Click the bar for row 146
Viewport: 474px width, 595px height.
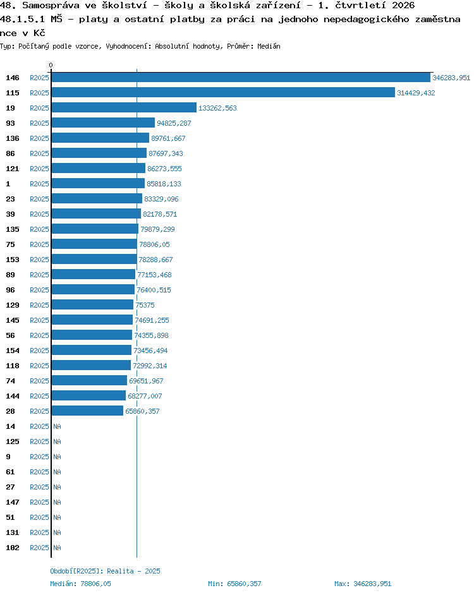241,78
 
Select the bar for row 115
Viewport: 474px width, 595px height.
223,93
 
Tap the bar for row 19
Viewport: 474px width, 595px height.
125,108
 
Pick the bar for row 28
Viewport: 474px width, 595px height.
87,411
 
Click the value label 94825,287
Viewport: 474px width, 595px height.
174,123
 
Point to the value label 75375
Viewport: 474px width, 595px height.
145,305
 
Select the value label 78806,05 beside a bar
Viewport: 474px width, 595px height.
155,244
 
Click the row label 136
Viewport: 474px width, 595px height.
13,138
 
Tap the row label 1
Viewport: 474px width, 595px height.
8,184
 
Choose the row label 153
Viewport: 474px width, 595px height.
13,260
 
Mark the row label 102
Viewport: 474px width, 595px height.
13,548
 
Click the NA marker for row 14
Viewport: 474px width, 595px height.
57,426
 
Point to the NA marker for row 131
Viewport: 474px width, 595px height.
57,532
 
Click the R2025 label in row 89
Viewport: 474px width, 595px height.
39,275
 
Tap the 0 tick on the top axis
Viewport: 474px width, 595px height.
51,65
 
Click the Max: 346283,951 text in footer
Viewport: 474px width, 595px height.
363,584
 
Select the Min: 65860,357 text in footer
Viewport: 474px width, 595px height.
234,584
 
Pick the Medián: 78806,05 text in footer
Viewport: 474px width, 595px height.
80,584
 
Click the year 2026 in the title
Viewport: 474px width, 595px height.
403,5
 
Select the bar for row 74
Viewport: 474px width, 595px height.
89,381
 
